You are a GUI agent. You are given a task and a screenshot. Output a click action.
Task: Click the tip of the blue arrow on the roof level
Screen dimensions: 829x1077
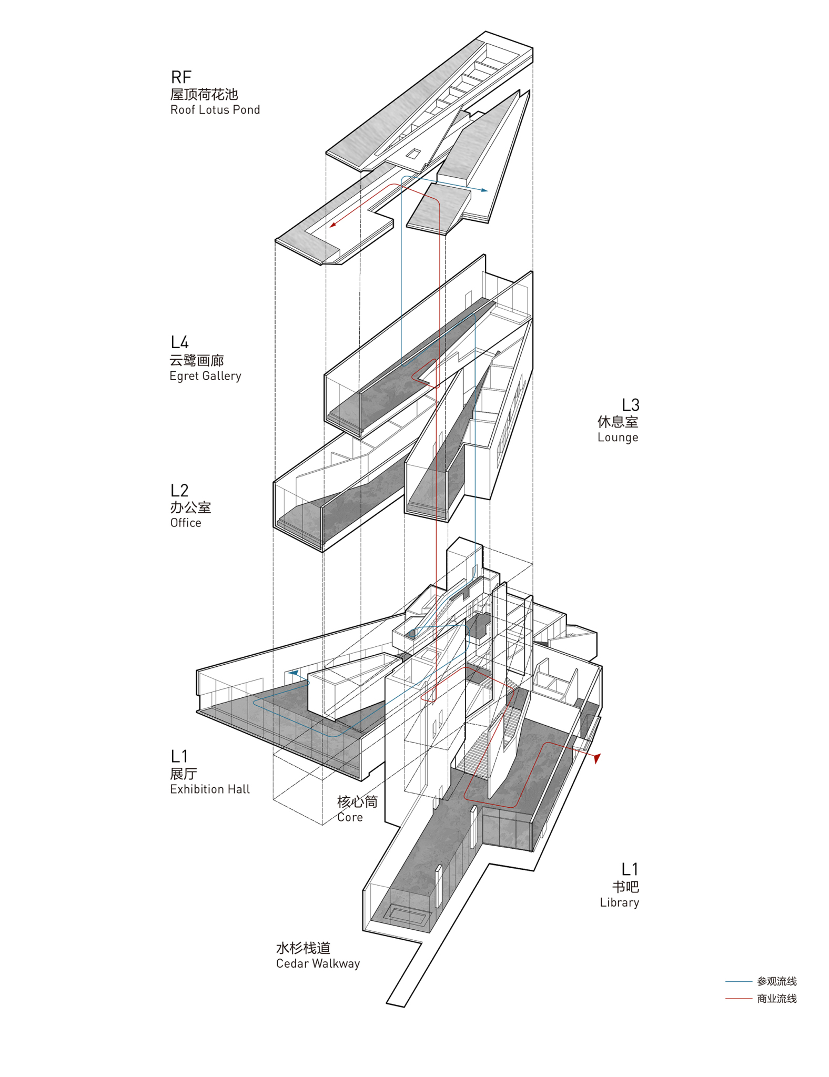click(488, 190)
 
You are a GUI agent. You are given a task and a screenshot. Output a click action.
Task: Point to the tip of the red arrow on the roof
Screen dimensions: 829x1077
click(330, 227)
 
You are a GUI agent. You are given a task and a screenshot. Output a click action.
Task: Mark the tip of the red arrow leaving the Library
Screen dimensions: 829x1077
click(597, 763)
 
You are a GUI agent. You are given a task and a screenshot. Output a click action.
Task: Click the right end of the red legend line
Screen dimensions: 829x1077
click(752, 998)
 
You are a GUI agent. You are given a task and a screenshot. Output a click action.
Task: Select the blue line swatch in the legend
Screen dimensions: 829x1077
click(739, 981)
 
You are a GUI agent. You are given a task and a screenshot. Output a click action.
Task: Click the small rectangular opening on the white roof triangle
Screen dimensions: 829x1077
click(413, 154)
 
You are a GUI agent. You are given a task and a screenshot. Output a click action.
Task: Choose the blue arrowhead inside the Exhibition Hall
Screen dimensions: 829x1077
click(293, 673)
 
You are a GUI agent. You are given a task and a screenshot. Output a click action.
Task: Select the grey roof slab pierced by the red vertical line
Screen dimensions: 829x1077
click(438, 210)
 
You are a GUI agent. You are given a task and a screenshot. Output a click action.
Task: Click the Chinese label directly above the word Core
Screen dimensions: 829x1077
click(357, 802)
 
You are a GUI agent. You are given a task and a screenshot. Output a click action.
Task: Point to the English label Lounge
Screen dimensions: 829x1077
click(618, 438)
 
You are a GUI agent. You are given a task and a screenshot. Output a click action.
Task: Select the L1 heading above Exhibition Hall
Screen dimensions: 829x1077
click(179, 756)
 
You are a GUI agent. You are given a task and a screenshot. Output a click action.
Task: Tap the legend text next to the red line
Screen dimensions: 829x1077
click(776, 998)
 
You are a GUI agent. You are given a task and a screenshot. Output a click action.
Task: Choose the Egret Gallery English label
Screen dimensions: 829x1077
click(205, 376)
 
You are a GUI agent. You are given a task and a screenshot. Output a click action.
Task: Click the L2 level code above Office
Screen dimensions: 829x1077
click(179, 490)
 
